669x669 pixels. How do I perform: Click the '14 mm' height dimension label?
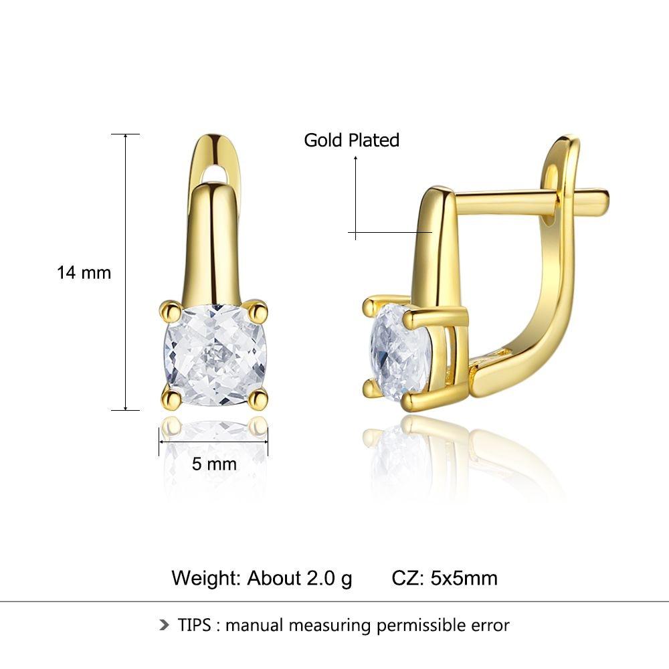84,273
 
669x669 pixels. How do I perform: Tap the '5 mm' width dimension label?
214,464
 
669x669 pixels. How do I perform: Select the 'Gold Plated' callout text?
352,140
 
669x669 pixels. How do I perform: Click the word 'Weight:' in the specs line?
207,578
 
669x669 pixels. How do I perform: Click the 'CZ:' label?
407,578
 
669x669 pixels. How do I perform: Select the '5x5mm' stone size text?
464,578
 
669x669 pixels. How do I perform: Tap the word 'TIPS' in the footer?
195,625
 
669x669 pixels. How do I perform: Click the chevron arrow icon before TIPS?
165,625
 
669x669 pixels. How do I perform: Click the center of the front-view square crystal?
215,355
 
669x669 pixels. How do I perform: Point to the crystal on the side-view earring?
400,350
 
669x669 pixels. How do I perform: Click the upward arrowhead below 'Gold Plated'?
355,159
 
